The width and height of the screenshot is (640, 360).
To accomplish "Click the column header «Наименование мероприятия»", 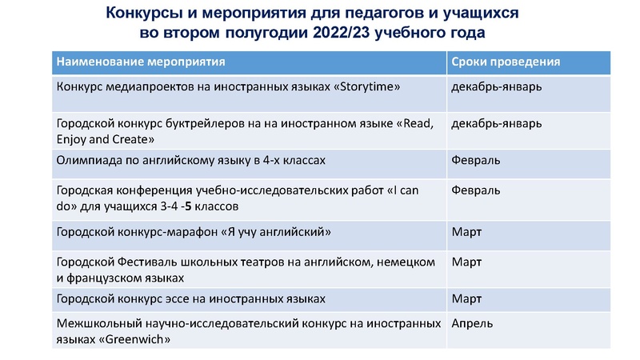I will [140, 62].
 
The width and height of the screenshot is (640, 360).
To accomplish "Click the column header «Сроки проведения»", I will [506, 62].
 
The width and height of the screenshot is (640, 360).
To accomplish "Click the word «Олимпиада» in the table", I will [86, 161].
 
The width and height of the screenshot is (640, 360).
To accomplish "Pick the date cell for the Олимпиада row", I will [476, 161].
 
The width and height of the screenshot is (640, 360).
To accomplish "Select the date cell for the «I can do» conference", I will [476, 190].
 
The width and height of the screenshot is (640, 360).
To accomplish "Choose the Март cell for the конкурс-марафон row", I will [467, 232].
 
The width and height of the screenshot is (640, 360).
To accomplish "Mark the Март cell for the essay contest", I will [467, 298].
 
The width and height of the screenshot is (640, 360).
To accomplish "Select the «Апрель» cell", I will [473, 323].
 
